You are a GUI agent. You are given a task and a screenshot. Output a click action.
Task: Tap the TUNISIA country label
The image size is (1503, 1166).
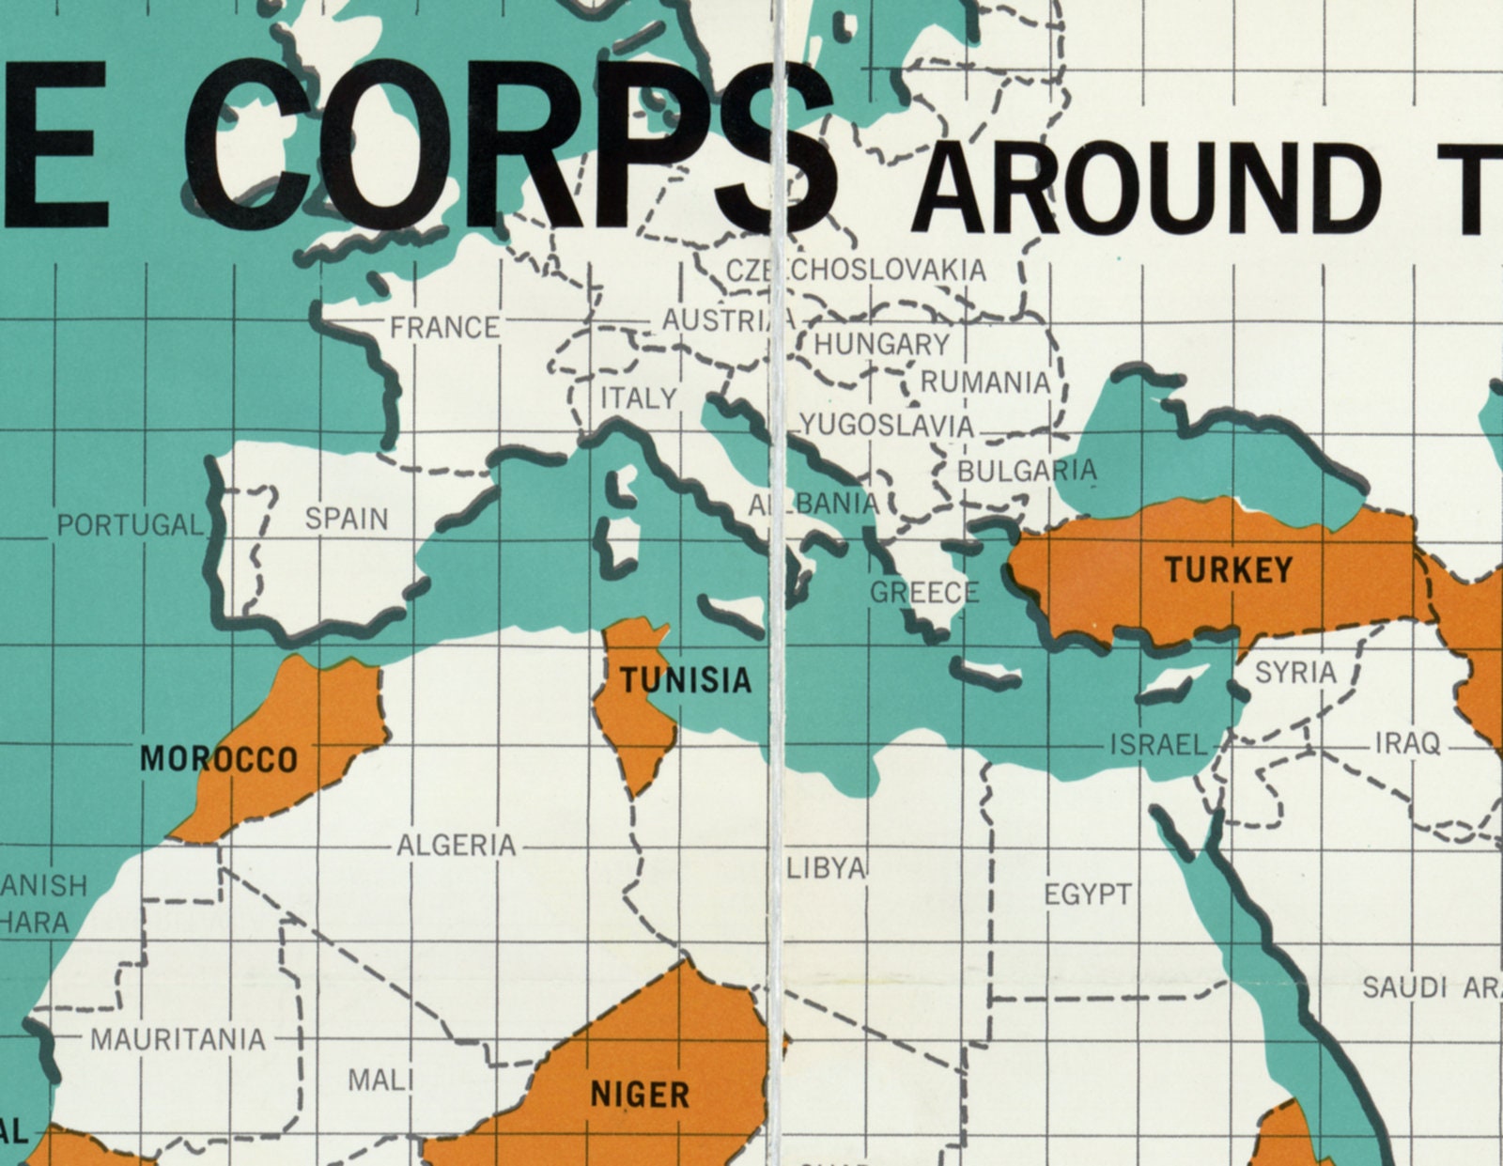tap(686, 679)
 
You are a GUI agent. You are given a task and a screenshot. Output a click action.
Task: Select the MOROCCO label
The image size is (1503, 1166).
tap(219, 758)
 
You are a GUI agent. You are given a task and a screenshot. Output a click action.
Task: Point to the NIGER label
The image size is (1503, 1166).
tap(640, 1094)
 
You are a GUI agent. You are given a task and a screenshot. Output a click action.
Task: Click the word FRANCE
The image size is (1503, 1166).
tap(445, 328)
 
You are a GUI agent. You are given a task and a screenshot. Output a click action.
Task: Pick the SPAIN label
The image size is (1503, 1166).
tap(347, 519)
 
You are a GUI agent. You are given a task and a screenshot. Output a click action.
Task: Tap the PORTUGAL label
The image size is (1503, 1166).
tap(130, 525)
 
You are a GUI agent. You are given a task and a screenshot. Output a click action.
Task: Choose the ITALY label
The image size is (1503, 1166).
tap(639, 398)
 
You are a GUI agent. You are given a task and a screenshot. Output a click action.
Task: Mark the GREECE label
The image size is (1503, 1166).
tap(924, 593)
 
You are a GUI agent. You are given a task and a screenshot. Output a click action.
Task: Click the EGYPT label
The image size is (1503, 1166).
tap(1088, 894)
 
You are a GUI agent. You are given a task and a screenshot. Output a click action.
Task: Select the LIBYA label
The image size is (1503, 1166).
tap(826, 868)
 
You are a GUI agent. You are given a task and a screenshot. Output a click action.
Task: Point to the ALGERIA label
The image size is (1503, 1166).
tap(457, 846)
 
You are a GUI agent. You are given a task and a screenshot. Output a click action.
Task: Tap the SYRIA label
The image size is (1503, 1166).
tap(1295, 673)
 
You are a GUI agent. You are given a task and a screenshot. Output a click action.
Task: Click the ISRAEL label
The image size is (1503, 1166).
tap(1158, 745)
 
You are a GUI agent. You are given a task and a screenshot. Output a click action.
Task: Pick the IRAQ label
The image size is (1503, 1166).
tap(1407, 744)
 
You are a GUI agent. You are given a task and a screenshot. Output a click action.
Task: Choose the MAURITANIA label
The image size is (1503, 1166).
tap(178, 1040)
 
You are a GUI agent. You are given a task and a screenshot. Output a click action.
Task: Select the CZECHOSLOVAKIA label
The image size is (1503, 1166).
tap(857, 271)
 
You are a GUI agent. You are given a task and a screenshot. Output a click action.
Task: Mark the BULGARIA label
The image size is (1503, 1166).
tap(1027, 470)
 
